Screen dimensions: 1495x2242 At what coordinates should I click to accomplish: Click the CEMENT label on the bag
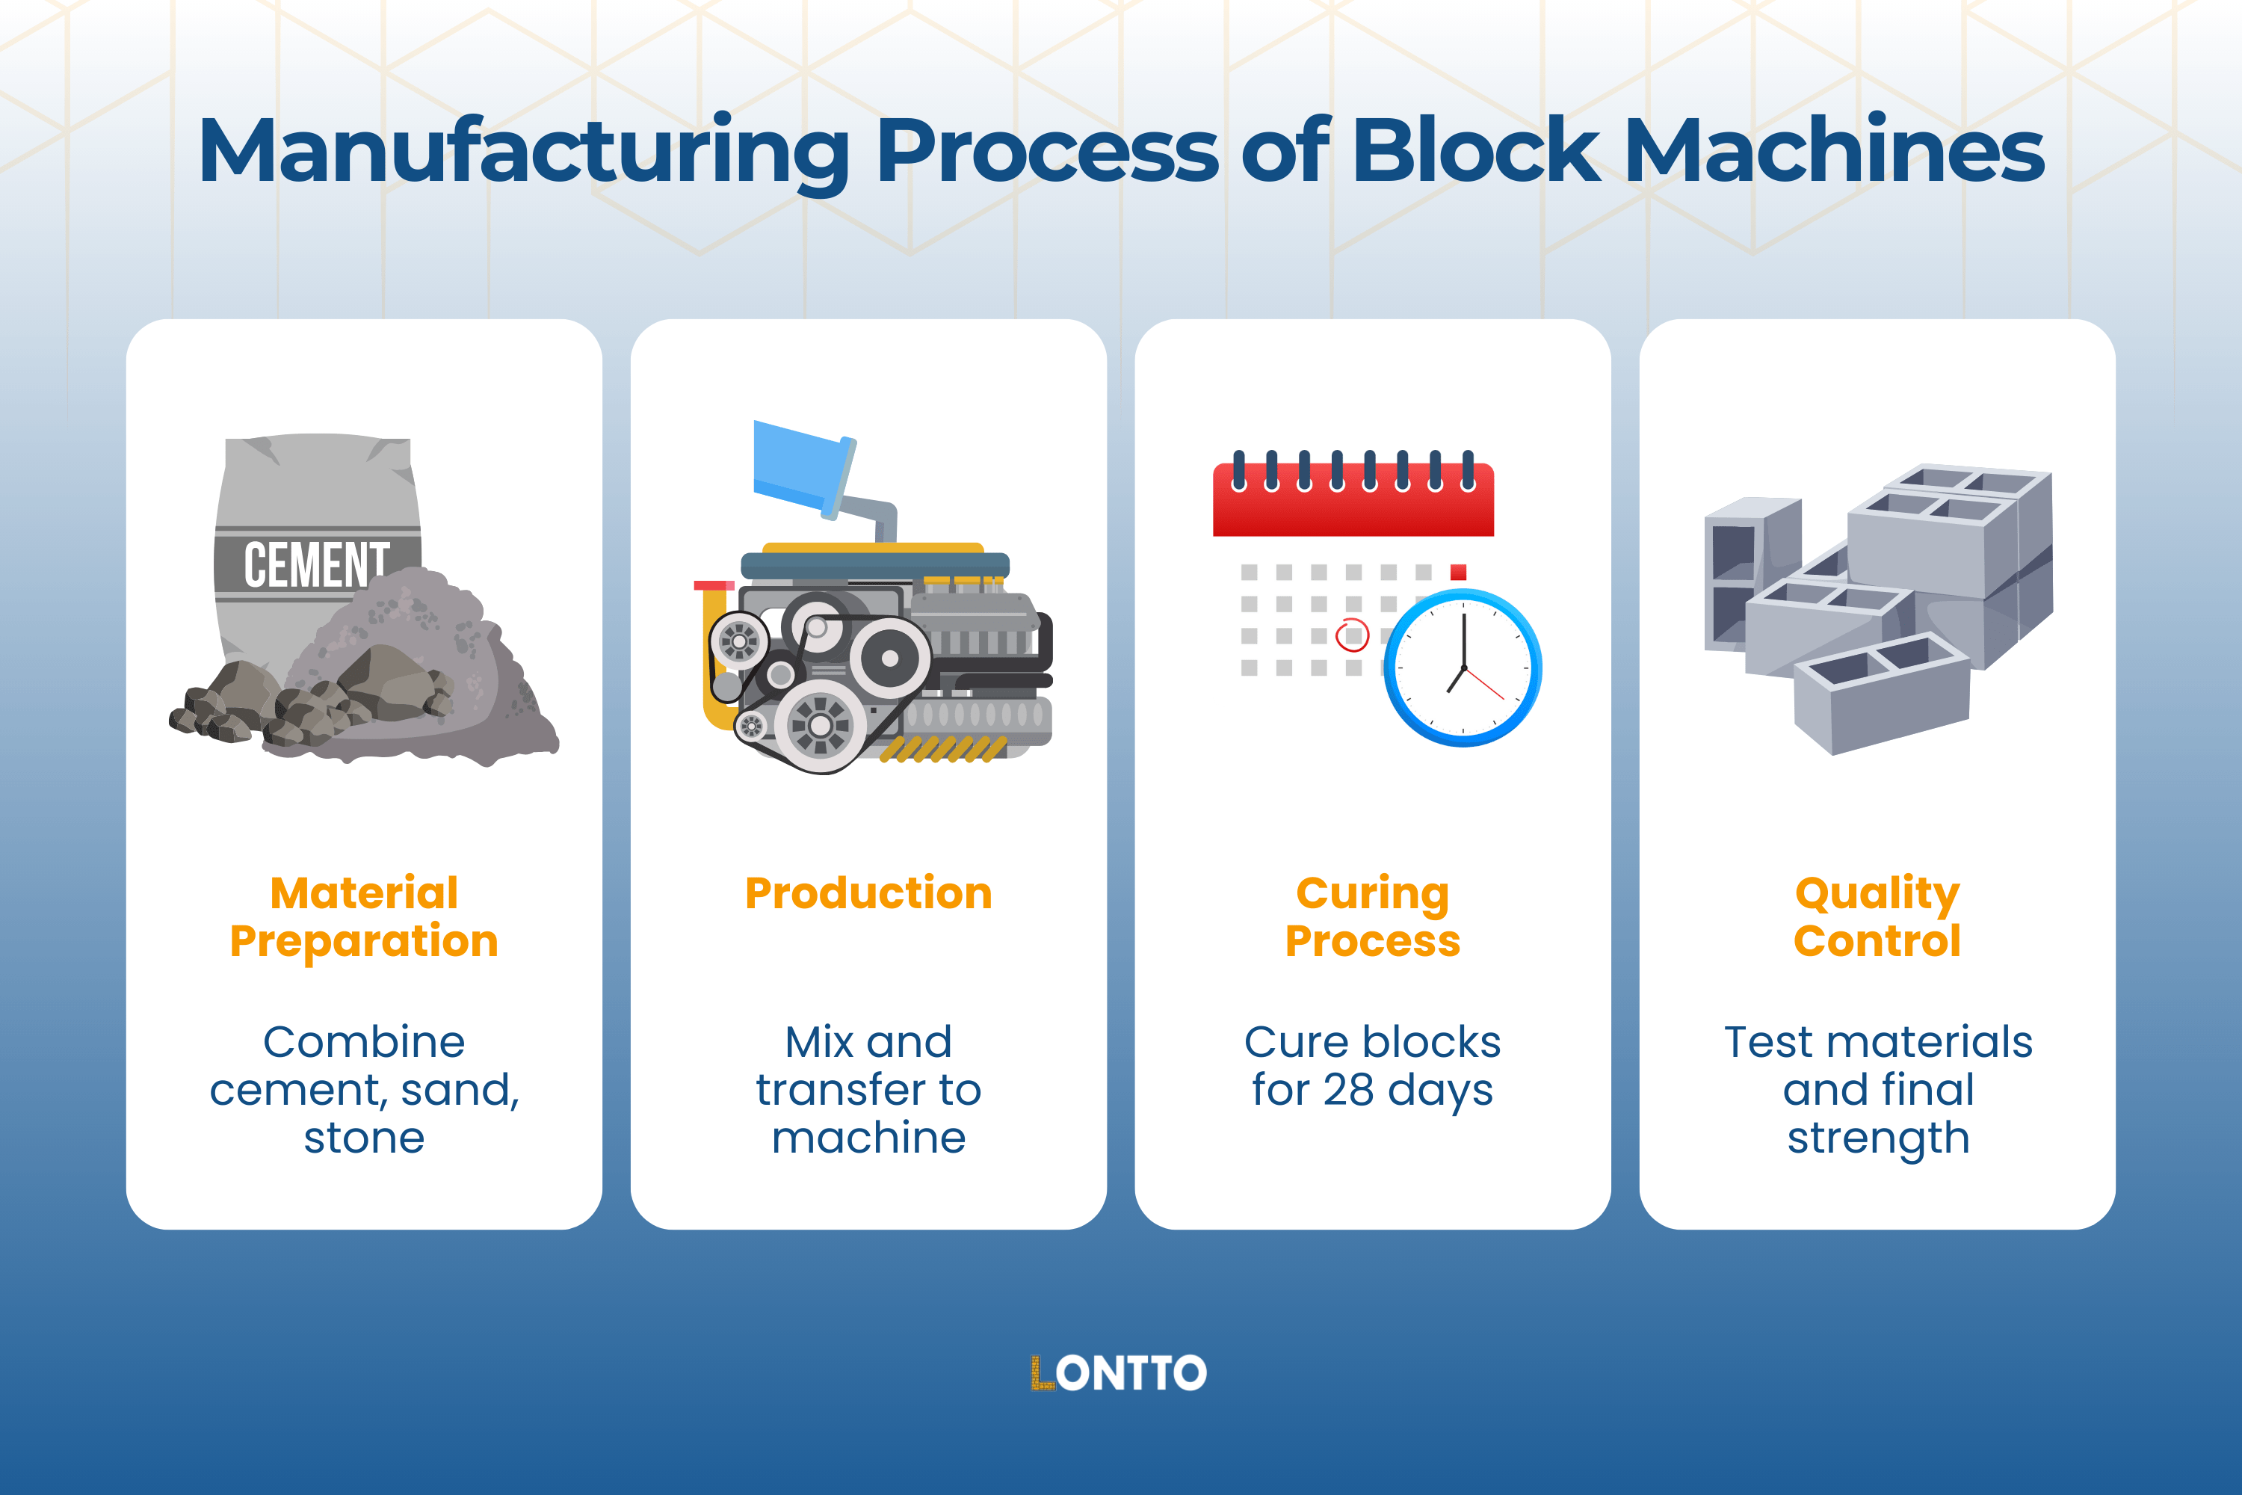click(315, 564)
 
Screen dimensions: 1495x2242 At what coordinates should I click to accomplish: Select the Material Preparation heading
click(364, 916)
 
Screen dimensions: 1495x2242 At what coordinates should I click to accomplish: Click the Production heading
click(868, 893)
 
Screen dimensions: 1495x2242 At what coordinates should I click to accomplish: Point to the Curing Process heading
click(1373, 916)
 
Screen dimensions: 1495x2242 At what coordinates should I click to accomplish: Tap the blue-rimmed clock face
click(1463, 668)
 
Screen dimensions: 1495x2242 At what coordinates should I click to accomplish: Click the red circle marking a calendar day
click(1352, 634)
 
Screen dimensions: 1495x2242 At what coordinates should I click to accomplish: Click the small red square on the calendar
click(1457, 572)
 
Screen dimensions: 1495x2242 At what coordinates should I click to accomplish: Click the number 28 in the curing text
click(1348, 1090)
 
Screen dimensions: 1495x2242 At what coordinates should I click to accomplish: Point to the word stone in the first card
click(364, 1138)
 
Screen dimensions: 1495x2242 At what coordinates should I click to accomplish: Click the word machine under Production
click(868, 1138)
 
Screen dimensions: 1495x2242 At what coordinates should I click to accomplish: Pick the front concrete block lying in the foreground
click(1882, 696)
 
